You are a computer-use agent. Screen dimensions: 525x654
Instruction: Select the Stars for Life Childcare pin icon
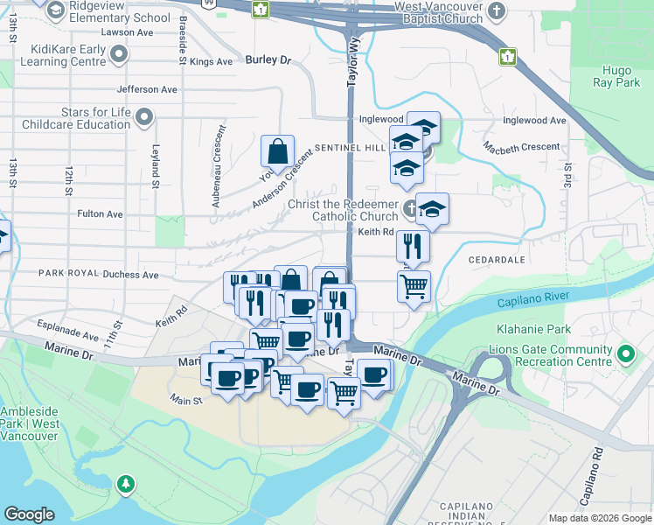[145, 117]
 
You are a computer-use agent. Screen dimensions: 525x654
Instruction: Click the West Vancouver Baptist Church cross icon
[497, 11]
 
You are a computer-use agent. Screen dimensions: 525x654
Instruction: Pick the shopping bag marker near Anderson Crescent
[277, 150]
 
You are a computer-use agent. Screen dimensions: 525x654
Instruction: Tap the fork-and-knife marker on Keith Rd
[413, 246]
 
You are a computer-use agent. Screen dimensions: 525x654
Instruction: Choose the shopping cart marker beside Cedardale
[414, 285]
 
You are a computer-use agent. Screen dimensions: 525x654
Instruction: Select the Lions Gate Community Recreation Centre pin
[625, 354]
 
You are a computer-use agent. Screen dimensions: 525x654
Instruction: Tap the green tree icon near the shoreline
[127, 484]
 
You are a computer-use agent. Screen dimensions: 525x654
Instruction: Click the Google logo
[29, 514]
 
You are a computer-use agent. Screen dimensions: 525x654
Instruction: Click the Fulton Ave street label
[100, 213]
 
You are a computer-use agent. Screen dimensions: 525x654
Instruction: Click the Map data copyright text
[599, 518]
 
